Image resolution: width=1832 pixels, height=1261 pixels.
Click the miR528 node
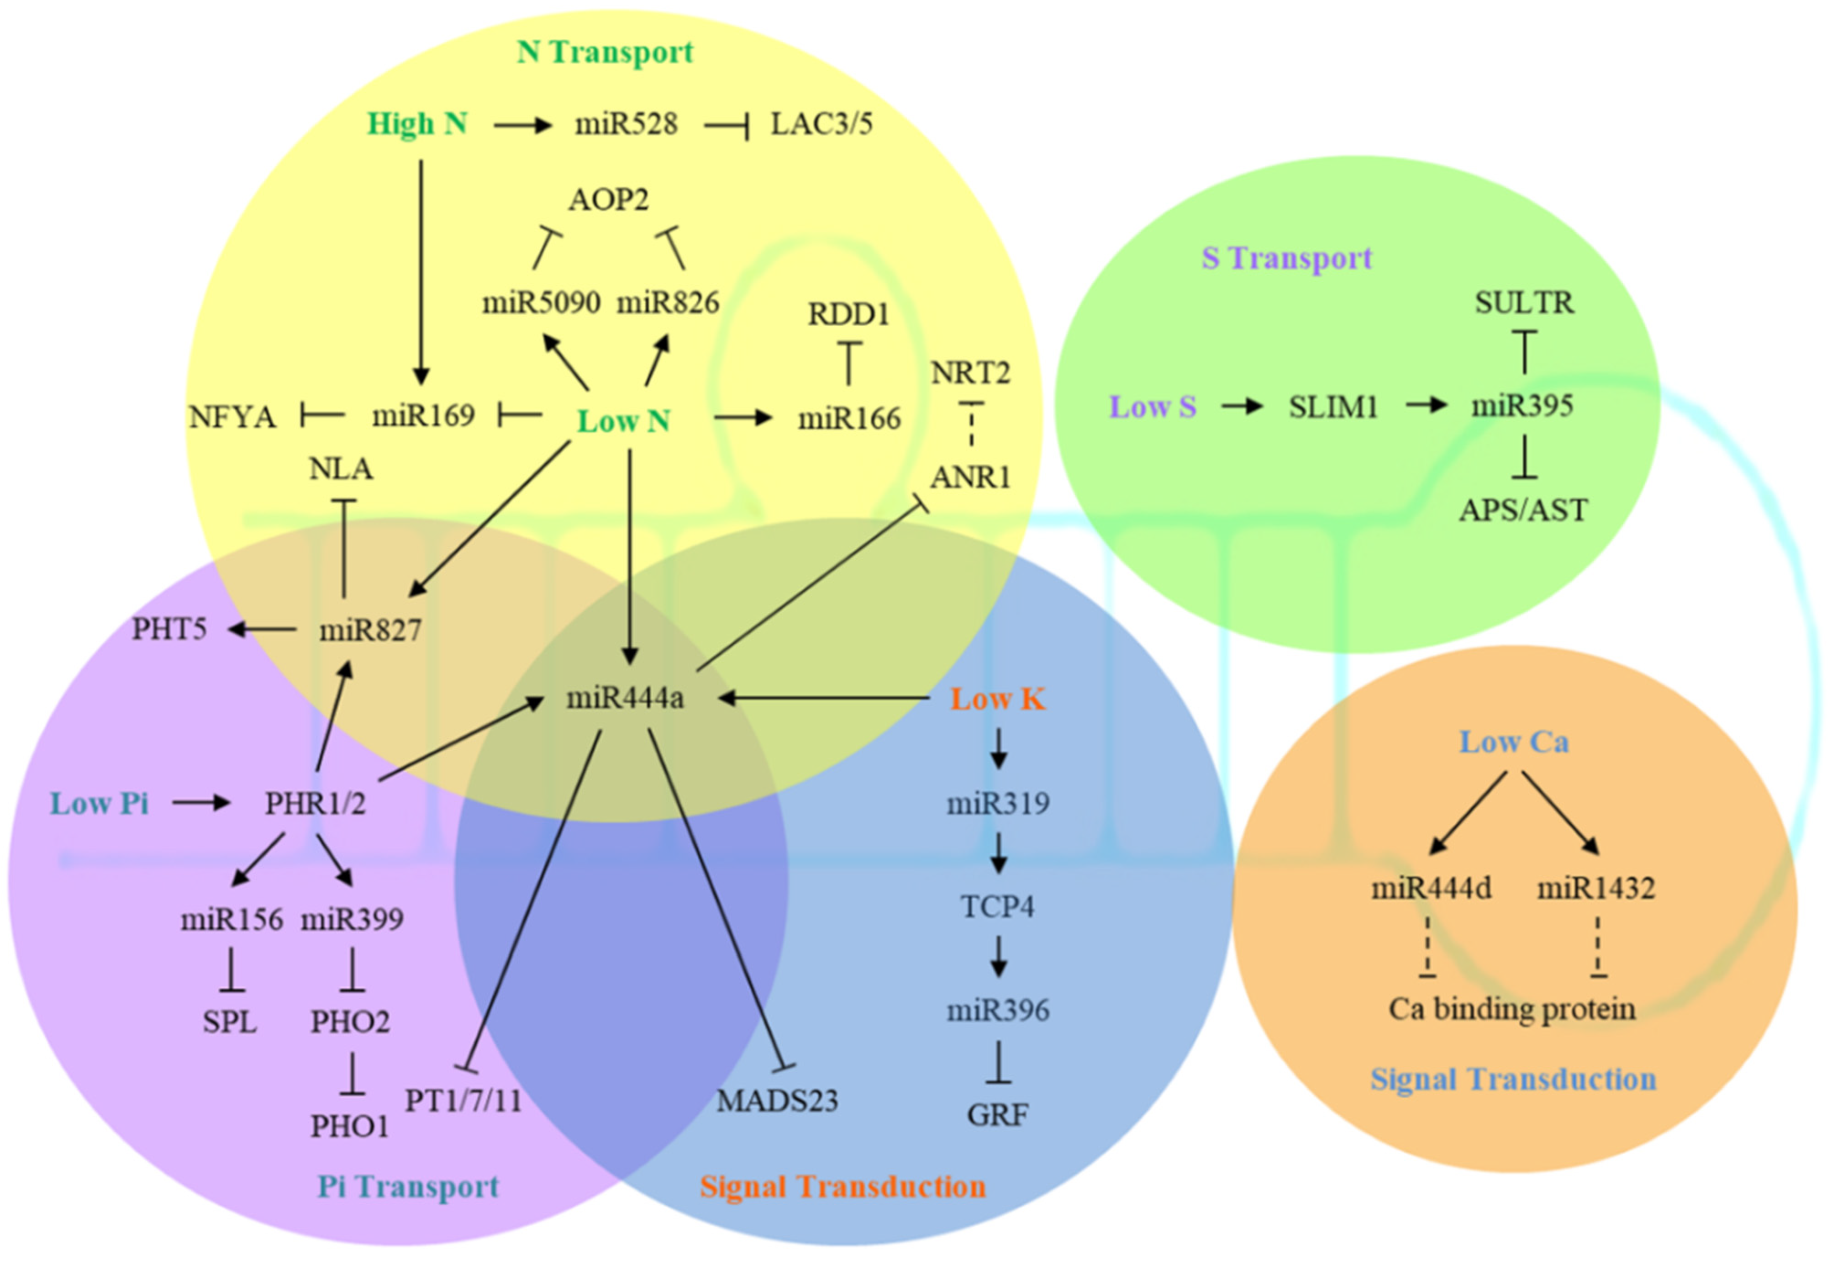626,124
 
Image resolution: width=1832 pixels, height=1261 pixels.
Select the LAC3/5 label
821,124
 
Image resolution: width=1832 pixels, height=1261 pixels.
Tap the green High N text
417,124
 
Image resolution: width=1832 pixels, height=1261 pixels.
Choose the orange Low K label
997,699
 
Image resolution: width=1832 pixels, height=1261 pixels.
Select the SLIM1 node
1333,407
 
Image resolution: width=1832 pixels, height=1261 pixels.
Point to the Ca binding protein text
1511,1009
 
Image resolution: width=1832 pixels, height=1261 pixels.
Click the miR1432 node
1595,889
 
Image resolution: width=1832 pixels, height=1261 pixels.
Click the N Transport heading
605,52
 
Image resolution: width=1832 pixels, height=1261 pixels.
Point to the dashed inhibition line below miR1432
1597,947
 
